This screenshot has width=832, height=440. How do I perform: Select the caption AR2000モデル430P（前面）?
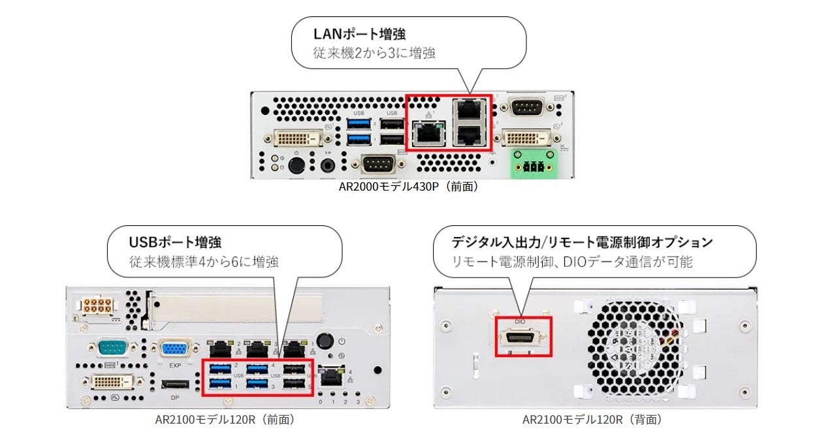(x=411, y=187)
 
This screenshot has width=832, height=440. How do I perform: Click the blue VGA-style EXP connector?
(x=174, y=349)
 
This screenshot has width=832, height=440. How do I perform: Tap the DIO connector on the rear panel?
(x=522, y=338)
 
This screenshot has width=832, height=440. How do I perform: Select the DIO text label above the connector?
(x=520, y=322)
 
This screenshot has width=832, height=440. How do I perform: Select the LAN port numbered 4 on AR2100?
(x=334, y=375)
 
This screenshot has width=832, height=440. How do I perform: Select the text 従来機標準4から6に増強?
(x=203, y=262)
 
